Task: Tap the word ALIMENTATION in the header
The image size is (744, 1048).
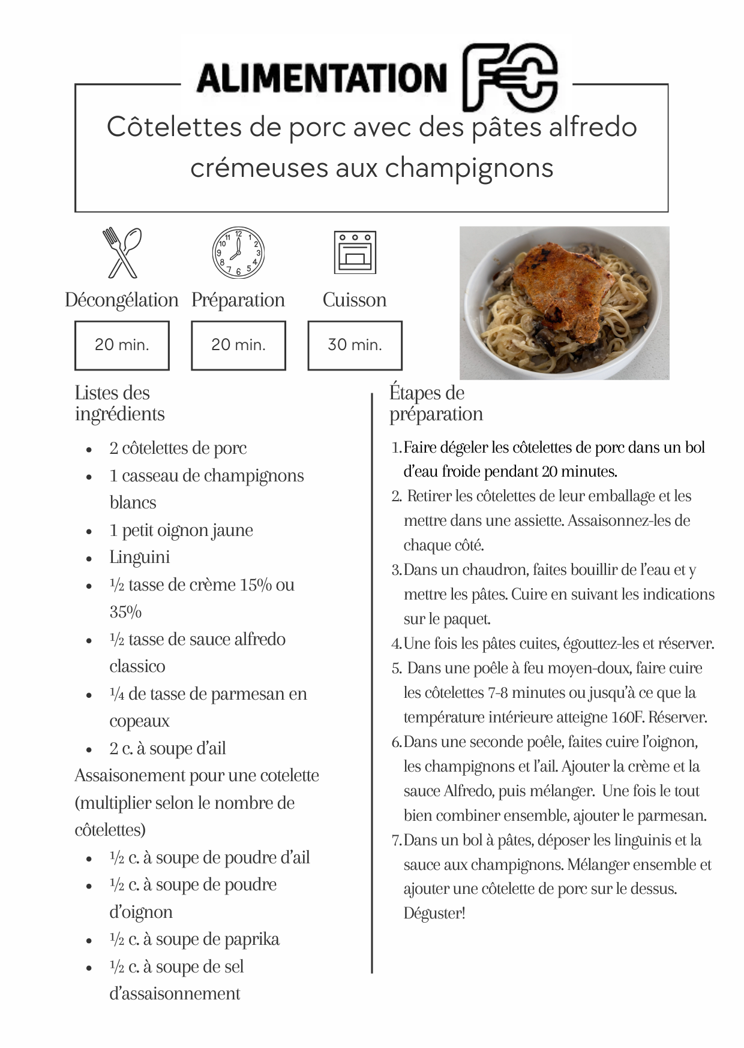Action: (x=322, y=79)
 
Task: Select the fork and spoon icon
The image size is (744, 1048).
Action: (x=122, y=252)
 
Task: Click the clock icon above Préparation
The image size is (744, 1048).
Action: (x=238, y=252)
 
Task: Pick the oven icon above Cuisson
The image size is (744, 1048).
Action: (x=355, y=252)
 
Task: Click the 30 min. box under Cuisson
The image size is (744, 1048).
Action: (x=355, y=345)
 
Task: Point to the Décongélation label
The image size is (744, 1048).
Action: (x=122, y=300)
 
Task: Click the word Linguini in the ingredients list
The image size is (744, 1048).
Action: (x=140, y=557)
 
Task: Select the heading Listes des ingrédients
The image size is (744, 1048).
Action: (x=119, y=403)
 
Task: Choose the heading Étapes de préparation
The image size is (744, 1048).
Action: (x=436, y=403)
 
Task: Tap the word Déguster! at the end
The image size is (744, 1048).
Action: (x=434, y=913)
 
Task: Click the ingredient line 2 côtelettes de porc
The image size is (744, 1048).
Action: (x=178, y=448)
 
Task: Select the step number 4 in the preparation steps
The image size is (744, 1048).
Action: (x=396, y=644)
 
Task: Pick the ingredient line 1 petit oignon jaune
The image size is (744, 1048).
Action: (x=181, y=530)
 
